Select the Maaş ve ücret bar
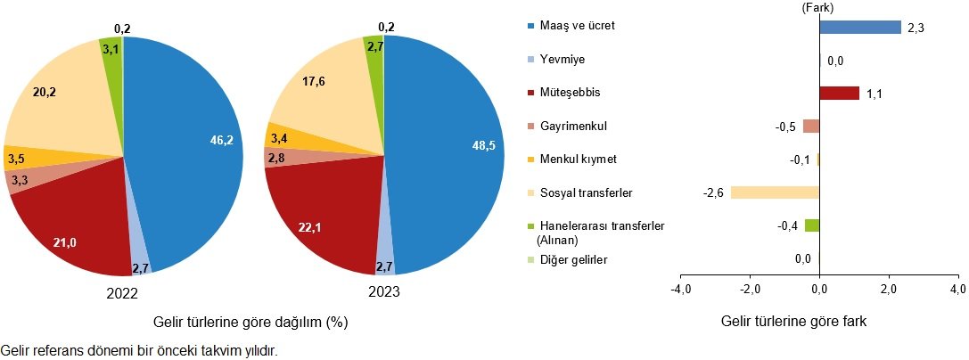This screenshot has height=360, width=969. (x=860, y=27)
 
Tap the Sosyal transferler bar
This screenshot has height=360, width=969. (x=775, y=192)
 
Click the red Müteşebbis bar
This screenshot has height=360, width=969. (x=839, y=93)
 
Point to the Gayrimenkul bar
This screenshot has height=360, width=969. (x=811, y=126)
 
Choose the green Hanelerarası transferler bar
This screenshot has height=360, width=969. (x=812, y=225)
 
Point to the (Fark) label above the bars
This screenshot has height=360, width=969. (x=818, y=8)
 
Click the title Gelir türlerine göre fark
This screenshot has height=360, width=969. (x=794, y=322)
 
